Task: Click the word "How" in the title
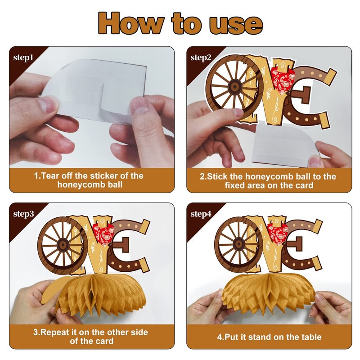click(x=131, y=23)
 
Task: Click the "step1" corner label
click(x=23, y=58)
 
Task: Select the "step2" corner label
click(x=201, y=58)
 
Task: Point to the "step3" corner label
click(x=23, y=214)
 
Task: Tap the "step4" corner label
click(x=201, y=214)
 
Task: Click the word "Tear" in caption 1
click(x=50, y=176)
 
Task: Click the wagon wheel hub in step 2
click(x=234, y=87)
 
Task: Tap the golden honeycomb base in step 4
click(x=268, y=291)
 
